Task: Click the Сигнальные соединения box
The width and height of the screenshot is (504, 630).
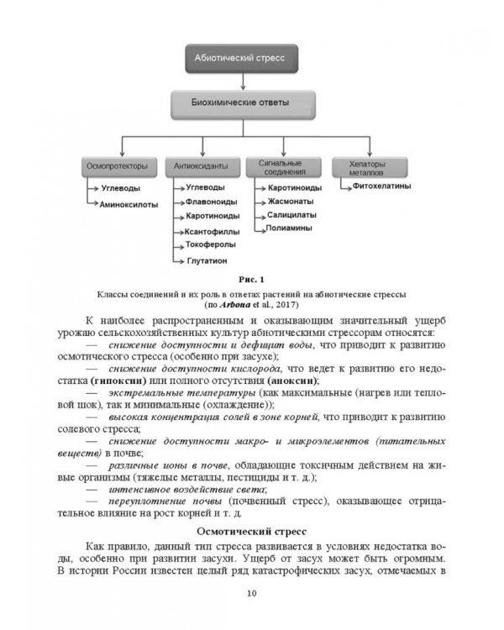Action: pos(283,166)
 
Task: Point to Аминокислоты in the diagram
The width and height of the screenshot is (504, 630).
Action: pos(129,204)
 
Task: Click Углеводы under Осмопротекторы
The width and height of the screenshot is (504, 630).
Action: pos(121,189)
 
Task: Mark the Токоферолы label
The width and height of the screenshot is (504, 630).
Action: pos(211,245)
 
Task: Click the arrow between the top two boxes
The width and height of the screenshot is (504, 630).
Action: pos(242,81)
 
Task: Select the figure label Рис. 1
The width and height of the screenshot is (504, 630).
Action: pos(251,280)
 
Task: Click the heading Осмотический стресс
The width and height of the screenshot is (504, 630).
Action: pos(251,532)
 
